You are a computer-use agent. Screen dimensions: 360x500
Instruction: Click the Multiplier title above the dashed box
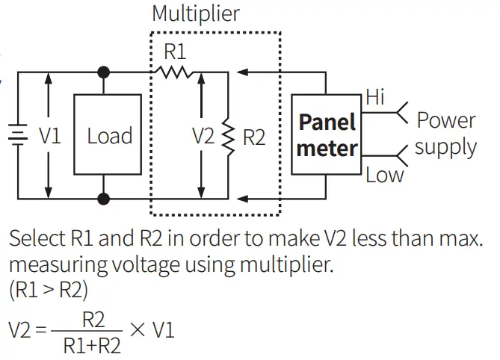(195, 13)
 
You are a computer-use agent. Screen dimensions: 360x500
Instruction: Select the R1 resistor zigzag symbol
(173, 72)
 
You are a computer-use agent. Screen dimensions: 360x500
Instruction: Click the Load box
(109, 135)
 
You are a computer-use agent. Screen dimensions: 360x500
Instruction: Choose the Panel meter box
(327, 135)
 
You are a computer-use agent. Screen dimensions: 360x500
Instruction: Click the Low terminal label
(384, 176)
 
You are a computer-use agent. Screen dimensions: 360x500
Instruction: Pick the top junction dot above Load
(104, 72)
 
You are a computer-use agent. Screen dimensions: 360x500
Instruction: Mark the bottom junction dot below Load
(104, 199)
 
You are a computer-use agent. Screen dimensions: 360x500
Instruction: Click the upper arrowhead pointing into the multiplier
(241, 72)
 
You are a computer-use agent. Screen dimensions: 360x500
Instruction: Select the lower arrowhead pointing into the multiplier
(241, 199)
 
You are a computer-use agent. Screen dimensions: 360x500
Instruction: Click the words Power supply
(445, 133)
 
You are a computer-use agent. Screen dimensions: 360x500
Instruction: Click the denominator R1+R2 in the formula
(92, 347)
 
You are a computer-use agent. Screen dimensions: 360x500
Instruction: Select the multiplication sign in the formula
(138, 329)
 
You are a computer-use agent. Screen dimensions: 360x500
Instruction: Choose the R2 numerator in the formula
(93, 320)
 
